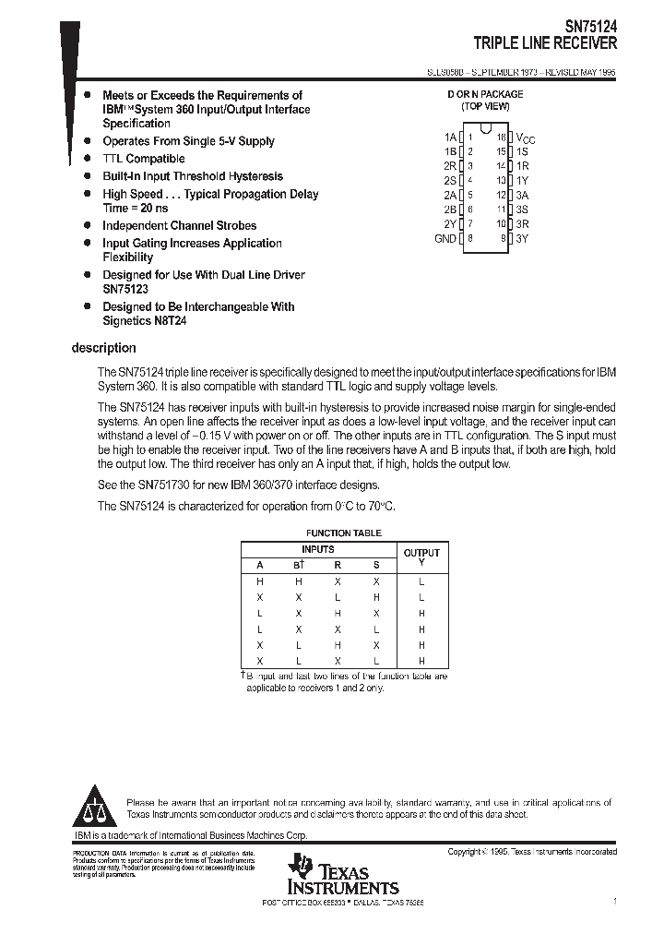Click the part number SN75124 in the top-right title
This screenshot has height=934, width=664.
(x=590, y=28)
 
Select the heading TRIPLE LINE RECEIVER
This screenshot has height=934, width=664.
(x=545, y=43)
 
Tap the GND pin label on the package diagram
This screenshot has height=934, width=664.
(x=445, y=238)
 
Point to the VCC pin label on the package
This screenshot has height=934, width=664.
(x=525, y=138)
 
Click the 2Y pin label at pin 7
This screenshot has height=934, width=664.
(x=450, y=223)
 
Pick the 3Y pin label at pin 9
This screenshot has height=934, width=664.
(x=522, y=238)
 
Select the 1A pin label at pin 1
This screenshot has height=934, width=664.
(x=450, y=136)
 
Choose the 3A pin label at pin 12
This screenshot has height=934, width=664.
(x=522, y=195)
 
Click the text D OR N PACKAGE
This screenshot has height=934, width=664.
(x=485, y=94)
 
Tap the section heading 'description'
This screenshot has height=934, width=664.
(x=103, y=348)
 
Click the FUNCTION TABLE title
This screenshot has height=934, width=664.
(x=343, y=533)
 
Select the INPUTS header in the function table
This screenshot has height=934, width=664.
(x=318, y=549)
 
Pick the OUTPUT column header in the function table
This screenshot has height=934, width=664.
(x=421, y=553)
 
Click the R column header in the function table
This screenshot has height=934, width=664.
(x=338, y=565)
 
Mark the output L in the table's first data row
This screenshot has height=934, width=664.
(x=421, y=581)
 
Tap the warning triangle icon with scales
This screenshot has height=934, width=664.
(x=95, y=808)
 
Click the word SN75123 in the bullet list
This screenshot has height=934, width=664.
(x=125, y=289)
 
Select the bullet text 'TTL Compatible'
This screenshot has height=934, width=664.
(x=143, y=159)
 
